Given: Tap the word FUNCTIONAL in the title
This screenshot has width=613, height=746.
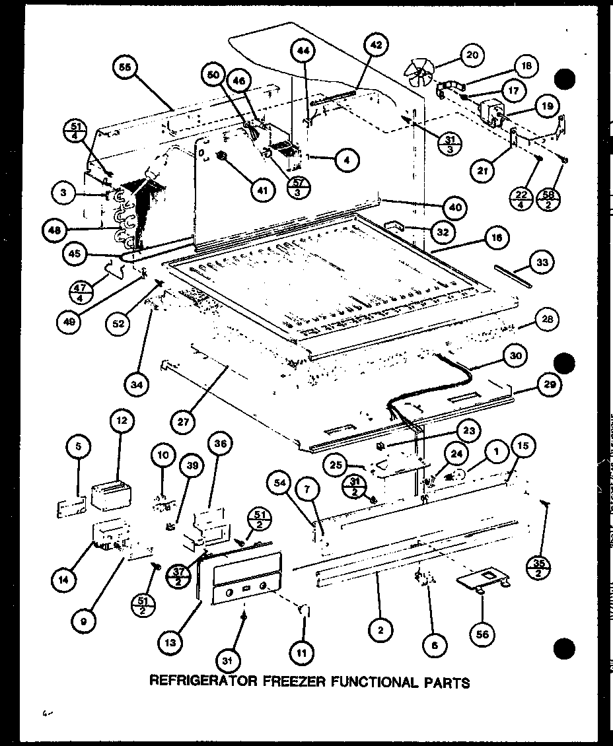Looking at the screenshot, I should tap(361, 681).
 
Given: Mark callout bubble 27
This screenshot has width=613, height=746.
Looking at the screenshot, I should tap(184, 420).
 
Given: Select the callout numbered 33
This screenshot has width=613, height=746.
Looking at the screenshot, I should tap(542, 263).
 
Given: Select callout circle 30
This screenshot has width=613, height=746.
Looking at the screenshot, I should tap(515, 355).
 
